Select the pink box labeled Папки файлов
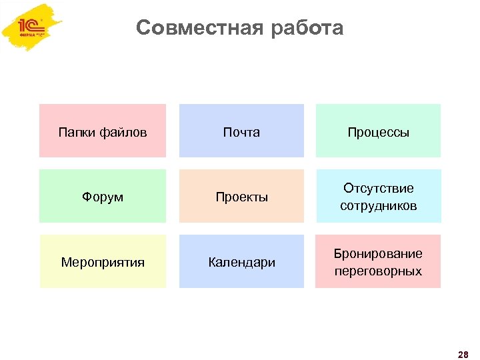(x=103, y=131)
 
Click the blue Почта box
(x=241, y=131)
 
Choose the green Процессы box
(x=378, y=131)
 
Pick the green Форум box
(x=103, y=196)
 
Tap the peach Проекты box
(x=241, y=196)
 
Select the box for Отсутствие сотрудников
(x=378, y=196)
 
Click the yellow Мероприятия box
(x=103, y=261)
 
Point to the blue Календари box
(x=241, y=261)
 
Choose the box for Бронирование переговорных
(x=378, y=261)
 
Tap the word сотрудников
(x=378, y=206)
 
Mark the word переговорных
(x=378, y=271)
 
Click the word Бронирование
(x=378, y=254)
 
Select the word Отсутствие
(x=378, y=189)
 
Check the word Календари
(x=241, y=263)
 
